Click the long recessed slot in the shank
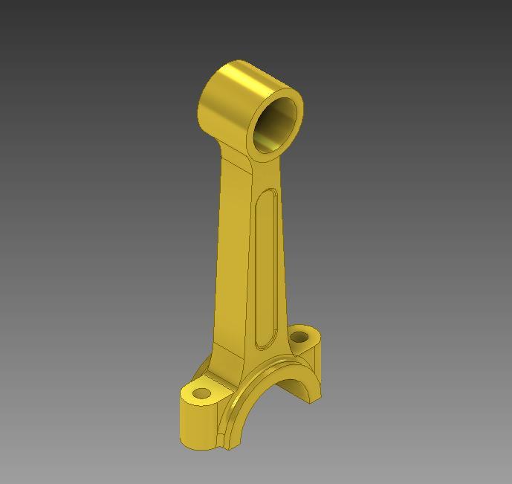pos(266,268)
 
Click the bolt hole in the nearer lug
pos(201,392)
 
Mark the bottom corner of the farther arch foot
pos(311,402)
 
